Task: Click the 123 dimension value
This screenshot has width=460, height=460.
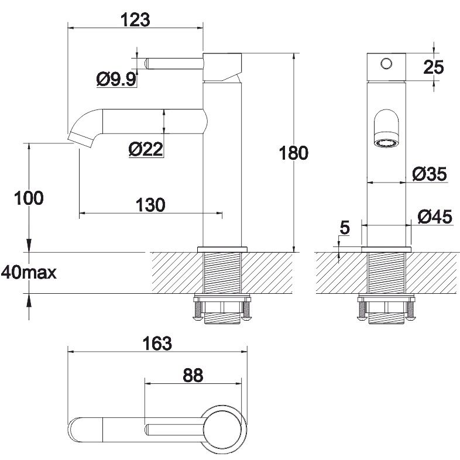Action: (x=135, y=20)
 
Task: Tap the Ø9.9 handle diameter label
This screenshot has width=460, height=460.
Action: (x=116, y=79)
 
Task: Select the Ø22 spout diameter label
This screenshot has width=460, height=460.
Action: (x=146, y=149)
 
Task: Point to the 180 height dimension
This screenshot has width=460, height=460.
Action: (x=294, y=153)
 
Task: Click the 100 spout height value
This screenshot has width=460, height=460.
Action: (x=29, y=198)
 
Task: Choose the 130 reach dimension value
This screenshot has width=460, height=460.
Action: (x=150, y=205)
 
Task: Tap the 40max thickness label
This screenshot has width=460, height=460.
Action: (x=29, y=273)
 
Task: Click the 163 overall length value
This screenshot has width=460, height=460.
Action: (x=157, y=343)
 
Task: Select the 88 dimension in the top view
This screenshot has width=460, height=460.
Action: (x=193, y=375)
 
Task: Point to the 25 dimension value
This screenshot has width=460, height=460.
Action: (x=433, y=67)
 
